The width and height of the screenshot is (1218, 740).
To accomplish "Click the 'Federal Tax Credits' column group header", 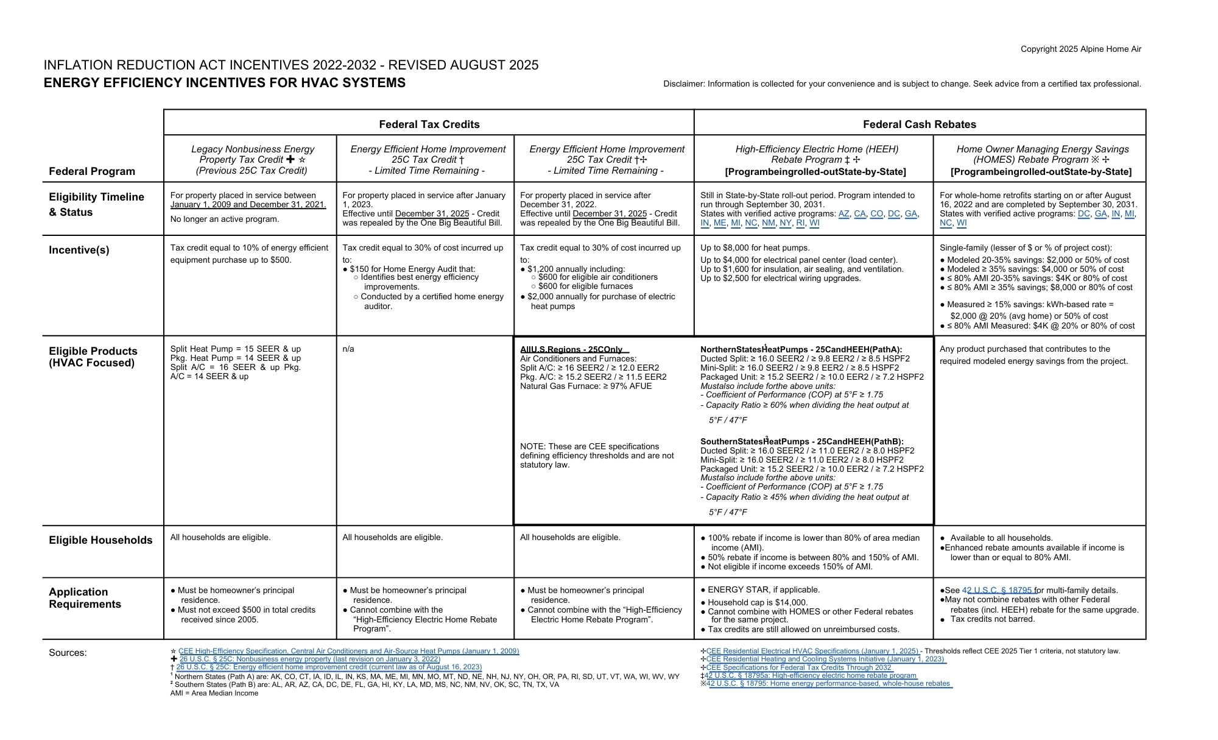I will point(429,124).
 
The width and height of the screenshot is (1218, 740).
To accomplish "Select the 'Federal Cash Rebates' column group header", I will point(919,124).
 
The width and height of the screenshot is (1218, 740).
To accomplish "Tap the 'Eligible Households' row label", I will point(100,540).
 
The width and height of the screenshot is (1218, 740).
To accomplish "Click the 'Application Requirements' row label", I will point(85,598).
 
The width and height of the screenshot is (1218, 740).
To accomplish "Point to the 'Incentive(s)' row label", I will point(79,250).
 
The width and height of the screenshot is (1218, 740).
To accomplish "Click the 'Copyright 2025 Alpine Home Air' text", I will point(1080,49).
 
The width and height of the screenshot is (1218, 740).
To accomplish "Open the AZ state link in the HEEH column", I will point(843,214).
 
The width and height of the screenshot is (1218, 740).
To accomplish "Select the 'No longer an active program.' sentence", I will point(225,219).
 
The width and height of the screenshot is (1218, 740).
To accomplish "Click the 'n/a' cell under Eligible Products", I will point(348,349).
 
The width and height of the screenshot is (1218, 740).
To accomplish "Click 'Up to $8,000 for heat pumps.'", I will point(755,248).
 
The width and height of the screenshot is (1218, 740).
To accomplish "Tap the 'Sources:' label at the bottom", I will point(68,653).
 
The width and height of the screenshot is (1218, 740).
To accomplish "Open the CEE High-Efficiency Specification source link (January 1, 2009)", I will point(348,651).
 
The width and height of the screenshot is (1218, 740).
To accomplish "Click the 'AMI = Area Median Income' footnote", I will point(214,693).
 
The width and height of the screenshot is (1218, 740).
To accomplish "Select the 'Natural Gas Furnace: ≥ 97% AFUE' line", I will point(586,386).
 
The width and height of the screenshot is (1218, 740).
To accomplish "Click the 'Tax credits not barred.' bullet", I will point(992,619).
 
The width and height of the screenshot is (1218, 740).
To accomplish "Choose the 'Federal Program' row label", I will point(92,171).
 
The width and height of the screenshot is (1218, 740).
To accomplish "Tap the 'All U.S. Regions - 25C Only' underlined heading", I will point(571,349).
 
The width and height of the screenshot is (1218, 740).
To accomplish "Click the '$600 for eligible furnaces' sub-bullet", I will point(585,286).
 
